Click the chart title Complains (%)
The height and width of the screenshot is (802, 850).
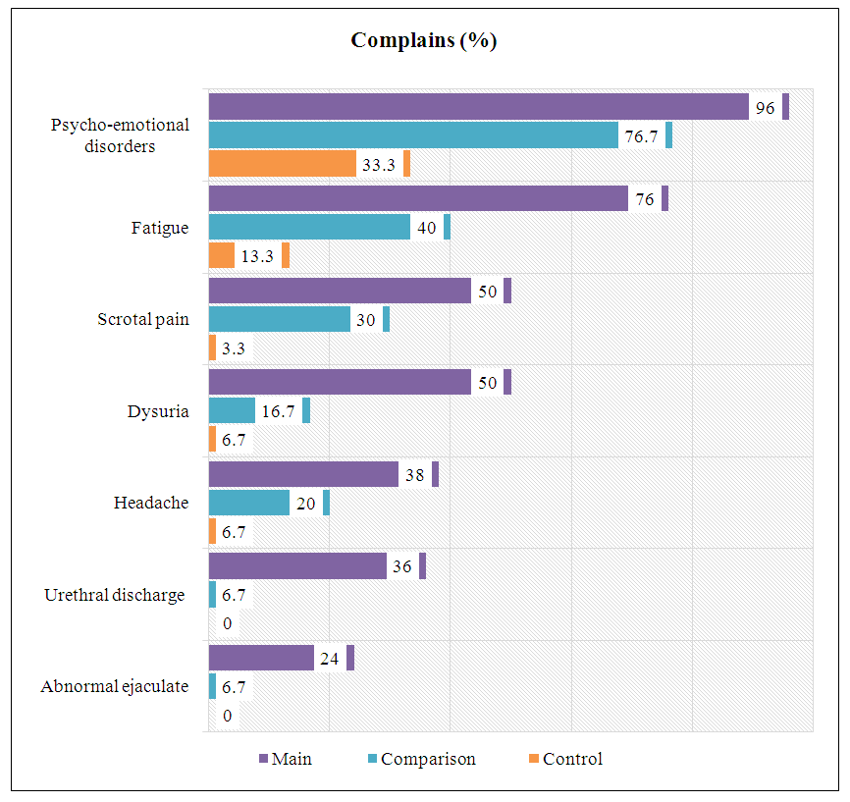[424, 41]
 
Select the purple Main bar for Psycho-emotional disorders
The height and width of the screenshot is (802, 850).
[478, 107]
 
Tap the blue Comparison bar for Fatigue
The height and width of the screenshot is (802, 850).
[309, 227]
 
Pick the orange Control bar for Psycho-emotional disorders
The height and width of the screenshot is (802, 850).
[283, 164]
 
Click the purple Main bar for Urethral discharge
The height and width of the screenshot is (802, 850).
[297, 566]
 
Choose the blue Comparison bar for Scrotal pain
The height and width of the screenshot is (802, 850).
[280, 319]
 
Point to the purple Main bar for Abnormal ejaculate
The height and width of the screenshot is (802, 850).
[261, 658]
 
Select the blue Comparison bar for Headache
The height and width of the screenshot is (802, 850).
[249, 503]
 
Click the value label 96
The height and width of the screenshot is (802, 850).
[766, 108]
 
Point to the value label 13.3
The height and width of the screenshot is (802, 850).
[257, 256]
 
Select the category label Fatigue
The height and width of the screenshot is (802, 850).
[160, 228]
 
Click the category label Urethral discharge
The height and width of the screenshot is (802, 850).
[115, 595]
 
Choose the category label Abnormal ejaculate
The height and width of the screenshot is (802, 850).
[115, 686]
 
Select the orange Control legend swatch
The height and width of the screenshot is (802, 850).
[533, 759]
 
